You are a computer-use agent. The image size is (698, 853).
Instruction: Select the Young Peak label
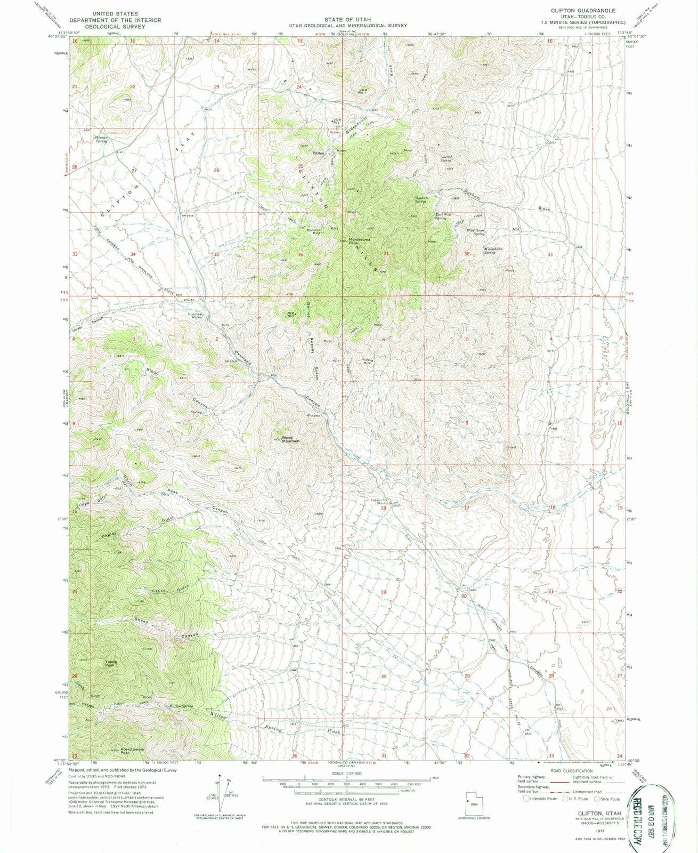coord(110,664)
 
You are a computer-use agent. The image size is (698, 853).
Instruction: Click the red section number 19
coord(383,592)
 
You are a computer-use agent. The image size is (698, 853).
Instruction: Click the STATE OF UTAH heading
coord(348,19)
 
